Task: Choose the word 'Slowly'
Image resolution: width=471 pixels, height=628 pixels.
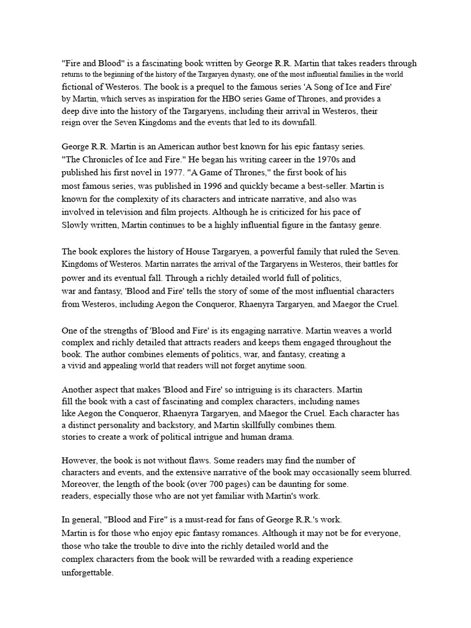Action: click(x=76, y=225)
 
